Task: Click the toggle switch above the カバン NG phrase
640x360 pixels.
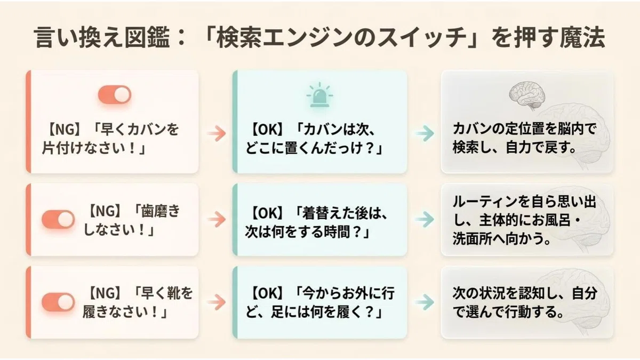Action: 115,94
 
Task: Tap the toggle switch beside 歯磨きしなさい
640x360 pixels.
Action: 58,219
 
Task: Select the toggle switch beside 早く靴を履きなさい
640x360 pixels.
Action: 58,302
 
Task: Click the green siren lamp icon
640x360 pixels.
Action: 319,95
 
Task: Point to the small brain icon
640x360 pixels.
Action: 527,95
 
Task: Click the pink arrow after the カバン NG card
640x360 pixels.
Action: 217,133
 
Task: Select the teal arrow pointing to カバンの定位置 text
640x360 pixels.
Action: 425,133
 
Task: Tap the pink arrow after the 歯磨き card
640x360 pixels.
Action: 217,219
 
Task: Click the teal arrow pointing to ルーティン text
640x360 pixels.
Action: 425,219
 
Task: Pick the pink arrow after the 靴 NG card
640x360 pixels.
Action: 217,302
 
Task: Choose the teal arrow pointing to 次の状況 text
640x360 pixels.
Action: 425,302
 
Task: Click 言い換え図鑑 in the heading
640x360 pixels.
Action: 102,37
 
